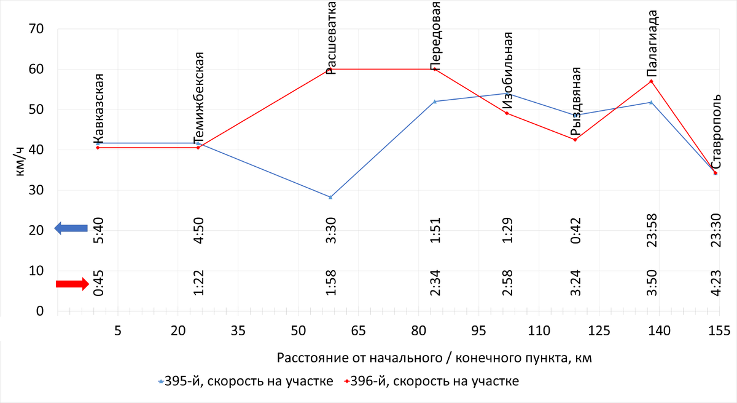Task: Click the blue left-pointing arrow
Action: pos(71,228)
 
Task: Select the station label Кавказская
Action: pos(98,108)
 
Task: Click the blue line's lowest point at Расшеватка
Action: pos(330,197)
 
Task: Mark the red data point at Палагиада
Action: pos(651,81)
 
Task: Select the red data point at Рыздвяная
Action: pos(575,140)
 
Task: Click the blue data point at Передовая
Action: pos(435,102)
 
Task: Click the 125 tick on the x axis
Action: pos(599,330)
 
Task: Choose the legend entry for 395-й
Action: pos(245,381)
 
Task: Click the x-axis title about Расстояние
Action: pos(435,357)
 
